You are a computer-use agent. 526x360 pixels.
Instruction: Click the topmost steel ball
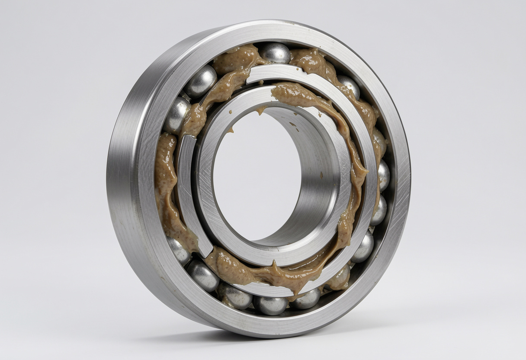(275, 53)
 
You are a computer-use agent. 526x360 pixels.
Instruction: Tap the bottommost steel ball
(270, 305)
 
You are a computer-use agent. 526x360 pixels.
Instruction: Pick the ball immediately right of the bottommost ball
(306, 298)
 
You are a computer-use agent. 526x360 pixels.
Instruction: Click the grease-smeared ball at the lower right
(339, 277)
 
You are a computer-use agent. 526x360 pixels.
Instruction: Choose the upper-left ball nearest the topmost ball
(201, 81)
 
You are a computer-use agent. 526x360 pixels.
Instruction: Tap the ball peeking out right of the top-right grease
(350, 86)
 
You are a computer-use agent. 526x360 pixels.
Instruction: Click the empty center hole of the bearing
(255, 173)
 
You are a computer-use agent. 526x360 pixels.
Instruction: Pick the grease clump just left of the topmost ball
(236, 61)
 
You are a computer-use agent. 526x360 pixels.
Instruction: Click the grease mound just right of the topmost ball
(309, 61)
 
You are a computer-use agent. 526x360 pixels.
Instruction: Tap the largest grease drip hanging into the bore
(260, 111)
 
